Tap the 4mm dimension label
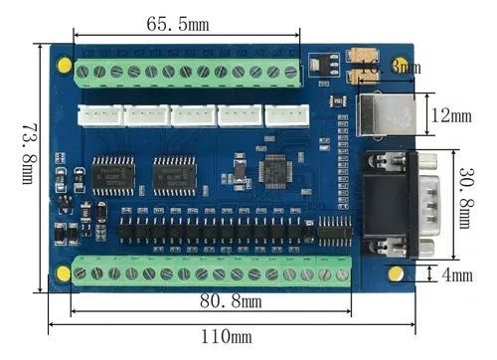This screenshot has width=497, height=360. [x=456, y=274]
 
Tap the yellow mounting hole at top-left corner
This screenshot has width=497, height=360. [x=65, y=66]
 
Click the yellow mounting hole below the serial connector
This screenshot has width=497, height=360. [x=396, y=273]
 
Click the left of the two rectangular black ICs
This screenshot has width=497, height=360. [x=113, y=174]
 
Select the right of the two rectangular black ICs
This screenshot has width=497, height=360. [x=174, y=174]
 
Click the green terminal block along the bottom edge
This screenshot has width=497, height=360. [x=212, y=272]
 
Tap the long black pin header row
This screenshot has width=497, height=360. [x=219, y=231]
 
